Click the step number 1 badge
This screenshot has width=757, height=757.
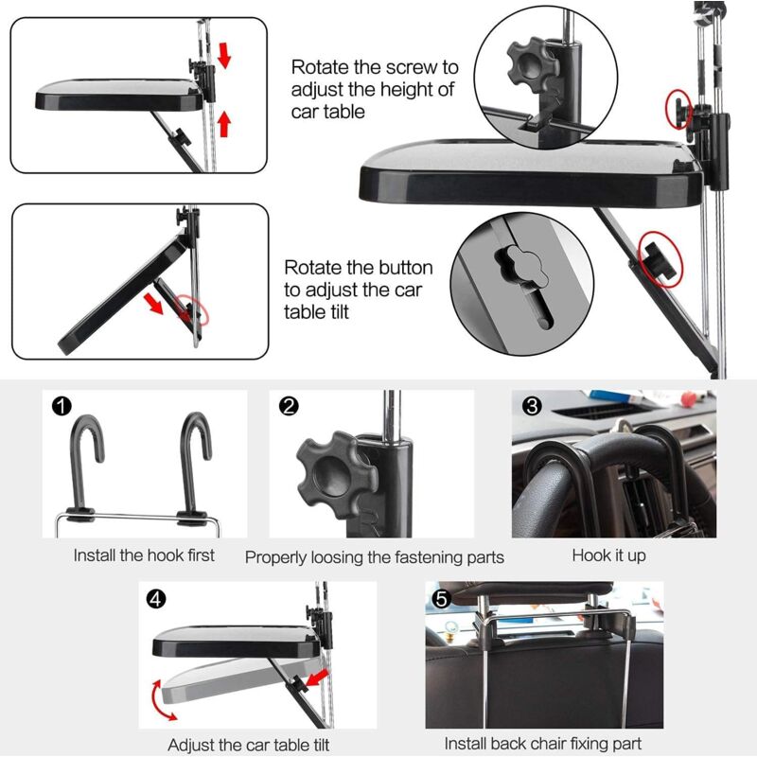(62, 407)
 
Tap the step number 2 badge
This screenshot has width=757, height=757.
(290, 407)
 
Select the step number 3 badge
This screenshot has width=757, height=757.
(533, 407)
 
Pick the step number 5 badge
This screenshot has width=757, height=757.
(441, 599)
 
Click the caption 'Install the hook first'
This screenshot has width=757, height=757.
(144, 555)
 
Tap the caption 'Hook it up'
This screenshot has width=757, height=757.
(609, 555)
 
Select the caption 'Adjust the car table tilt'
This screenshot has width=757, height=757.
(249, 746)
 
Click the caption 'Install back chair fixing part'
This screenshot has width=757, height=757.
(543, 745)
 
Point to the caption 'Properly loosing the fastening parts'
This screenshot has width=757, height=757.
(375, 556)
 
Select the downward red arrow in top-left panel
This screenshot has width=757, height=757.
(224, 56)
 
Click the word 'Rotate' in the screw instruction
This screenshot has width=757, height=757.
(319, 68)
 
